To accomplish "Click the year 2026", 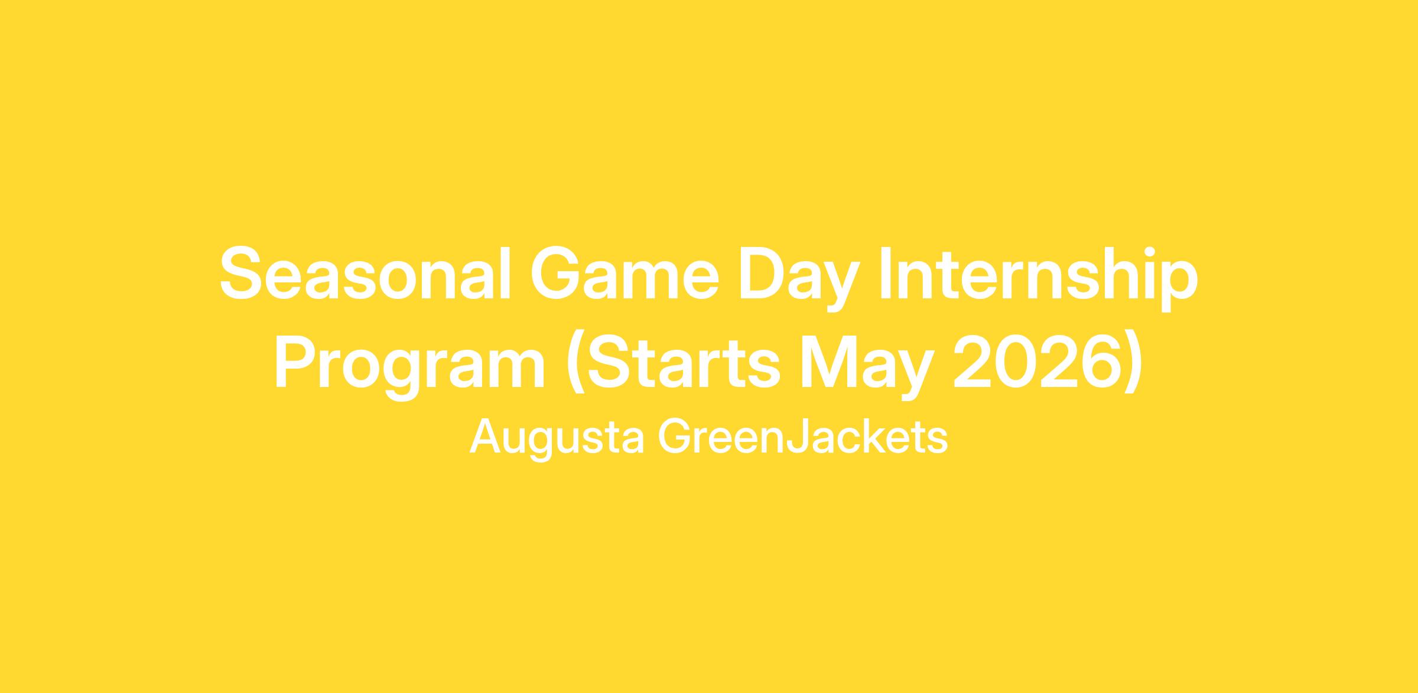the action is click(1038, 362).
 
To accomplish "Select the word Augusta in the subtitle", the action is click(557, 438).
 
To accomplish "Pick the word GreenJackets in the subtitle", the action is click(803, 437).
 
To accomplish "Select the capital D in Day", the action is click(763, 273).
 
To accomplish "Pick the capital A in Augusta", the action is click(486, 437).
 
